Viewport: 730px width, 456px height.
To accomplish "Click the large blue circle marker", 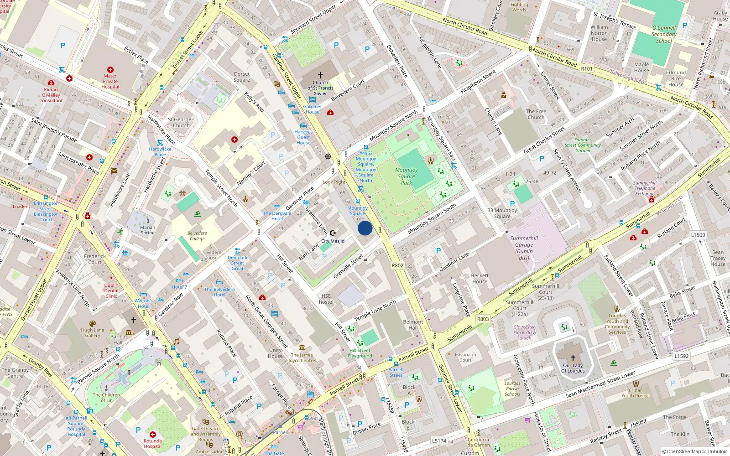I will [x=365, y=228].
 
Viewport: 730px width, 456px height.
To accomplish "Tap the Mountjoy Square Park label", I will [x=407, y=176].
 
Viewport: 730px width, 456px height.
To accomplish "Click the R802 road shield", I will [x=397, y=265].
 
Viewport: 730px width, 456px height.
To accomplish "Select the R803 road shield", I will [x=483, y=319].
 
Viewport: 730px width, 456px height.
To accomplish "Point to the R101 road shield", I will [x=587, y=69].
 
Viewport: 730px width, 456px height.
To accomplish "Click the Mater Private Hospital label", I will [x=110, y=81].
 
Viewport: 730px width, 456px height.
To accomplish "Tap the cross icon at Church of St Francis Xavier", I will [x=320, y=75].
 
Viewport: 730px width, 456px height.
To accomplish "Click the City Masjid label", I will [x=333, y=241].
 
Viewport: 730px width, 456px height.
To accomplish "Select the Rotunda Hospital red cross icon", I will [x=153, y=435].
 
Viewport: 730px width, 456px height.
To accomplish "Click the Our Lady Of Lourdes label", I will [x=573, y=368].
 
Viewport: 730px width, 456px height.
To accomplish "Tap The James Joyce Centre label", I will [x=302, y=358].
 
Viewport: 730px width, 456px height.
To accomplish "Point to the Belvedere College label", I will [x=197, y=236].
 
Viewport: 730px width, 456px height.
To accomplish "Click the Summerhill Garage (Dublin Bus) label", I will [x=524, y=248].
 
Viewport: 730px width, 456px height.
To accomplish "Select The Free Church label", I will [x=536, y=114].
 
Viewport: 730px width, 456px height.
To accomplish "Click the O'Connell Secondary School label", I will [x=664, y=34].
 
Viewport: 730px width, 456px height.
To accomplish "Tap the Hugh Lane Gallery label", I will [x=93, y=332].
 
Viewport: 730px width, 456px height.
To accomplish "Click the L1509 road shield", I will [x=698, y=235].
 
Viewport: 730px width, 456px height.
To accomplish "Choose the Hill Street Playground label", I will [x=360, y=353].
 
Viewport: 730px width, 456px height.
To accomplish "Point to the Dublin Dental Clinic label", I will [x=111, y=290].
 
